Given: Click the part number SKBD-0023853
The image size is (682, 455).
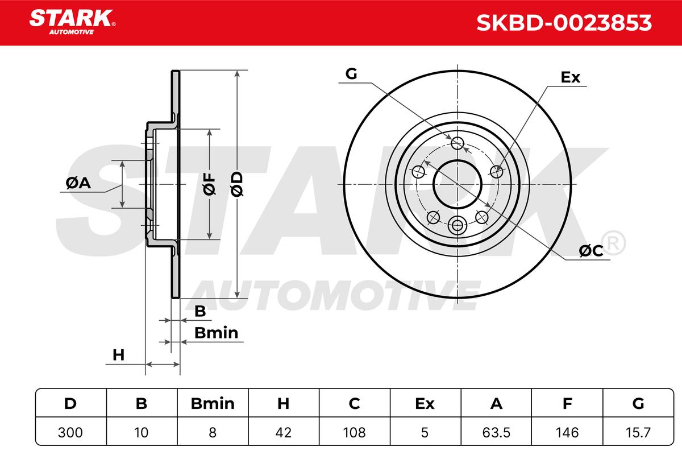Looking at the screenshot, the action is (x=564, y=23).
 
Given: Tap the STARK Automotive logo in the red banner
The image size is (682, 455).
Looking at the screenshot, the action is (x=72, y=22).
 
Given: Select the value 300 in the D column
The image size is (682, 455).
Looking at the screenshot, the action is (x=70, y=432).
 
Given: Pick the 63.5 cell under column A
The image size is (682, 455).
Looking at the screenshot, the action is (x=496, y=432).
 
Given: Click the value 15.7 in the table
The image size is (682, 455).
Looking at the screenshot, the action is (x=638, y=432).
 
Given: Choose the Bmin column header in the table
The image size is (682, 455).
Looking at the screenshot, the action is (x=213, y=403).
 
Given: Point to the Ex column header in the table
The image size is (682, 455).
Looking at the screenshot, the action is (x=425, y=403).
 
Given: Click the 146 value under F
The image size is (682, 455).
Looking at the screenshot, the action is (x=567, y=432).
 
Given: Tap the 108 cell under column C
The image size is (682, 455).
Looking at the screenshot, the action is (x=355, y=432).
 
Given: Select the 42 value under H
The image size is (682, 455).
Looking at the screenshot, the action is (x=284, y=432).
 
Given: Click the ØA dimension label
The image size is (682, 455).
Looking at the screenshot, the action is (x=78, y=183).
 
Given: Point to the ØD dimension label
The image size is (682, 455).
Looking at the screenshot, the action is (x=237, y=184).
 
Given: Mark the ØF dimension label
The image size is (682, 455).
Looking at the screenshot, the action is (x=209, y=184).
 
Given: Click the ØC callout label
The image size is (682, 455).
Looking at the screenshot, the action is (x=590, y=251).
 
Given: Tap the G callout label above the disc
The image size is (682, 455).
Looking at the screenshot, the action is (x=351, y=74).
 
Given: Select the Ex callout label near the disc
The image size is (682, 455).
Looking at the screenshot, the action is (x=570, y=77).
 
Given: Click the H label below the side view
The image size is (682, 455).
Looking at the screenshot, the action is (x=118, y=355).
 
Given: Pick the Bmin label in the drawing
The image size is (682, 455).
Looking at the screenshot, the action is (x=216, y=333).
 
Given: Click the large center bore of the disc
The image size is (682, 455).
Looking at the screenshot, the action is (x=458, y=184).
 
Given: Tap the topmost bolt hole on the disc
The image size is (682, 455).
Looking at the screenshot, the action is (x=458, y=143).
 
